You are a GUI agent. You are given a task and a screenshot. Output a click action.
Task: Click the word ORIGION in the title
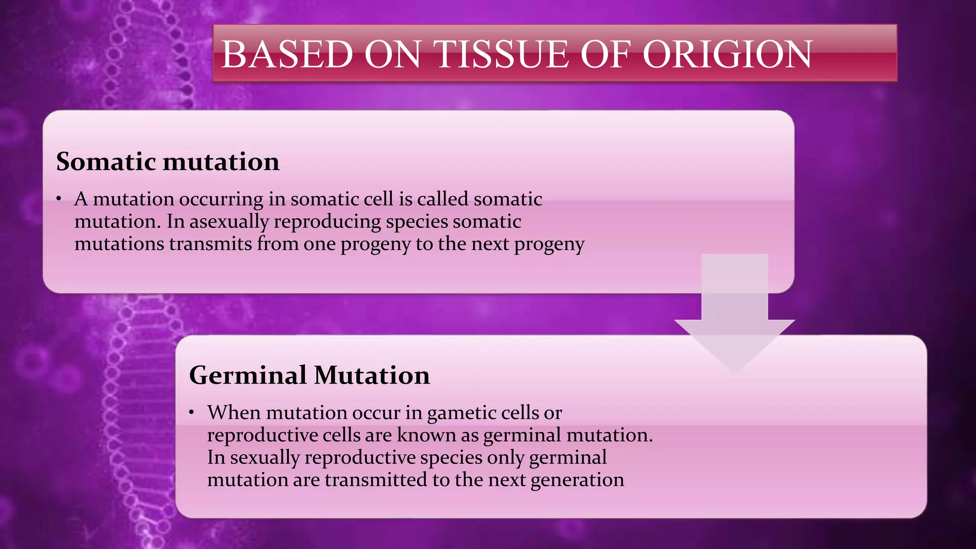727,54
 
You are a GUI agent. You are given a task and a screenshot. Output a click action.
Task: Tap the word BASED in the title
287,54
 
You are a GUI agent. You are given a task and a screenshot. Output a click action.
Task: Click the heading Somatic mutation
168,162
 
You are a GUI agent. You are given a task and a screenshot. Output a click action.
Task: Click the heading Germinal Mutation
309,375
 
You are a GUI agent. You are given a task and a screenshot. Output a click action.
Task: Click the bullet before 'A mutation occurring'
58,199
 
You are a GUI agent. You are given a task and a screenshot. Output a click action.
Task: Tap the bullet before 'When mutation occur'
191,413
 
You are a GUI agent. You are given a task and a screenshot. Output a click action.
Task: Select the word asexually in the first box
229,222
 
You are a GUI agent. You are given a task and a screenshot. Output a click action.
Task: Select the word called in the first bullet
443,199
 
